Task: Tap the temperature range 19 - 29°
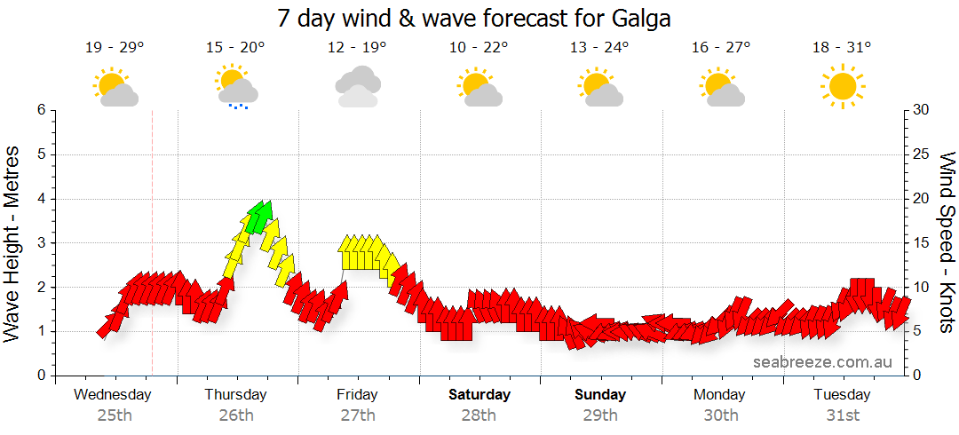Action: point(114,48)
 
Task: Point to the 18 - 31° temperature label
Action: point(842,48)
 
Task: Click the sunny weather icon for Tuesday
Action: point(842,87)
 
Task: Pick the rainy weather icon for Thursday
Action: point(236,87)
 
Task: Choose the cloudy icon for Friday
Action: point(358,86)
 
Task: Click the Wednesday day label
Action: point(114,394)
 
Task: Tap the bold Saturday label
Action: point(479,394)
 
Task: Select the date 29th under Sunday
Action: point(600,415)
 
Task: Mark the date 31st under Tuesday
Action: point(842,415)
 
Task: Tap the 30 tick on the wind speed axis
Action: point(923,110)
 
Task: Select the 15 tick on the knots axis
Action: point(923,242)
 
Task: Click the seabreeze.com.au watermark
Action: point(823,361)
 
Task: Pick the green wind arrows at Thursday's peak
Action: point(258,216)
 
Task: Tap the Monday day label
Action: point(720,394)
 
